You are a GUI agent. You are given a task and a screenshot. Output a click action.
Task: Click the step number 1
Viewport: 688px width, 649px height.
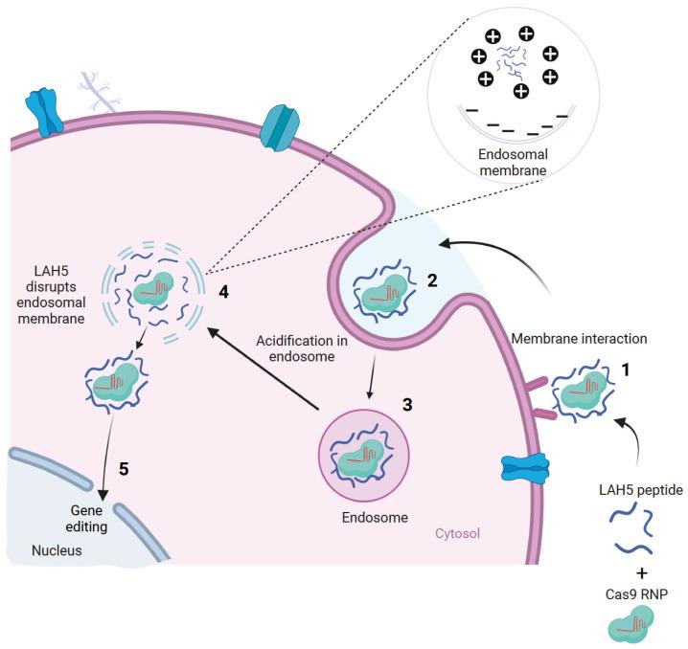point(627,368)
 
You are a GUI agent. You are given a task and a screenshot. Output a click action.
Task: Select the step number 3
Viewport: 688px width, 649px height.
point(407,405)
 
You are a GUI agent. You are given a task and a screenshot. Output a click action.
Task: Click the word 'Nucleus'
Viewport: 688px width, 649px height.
point(57,550)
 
